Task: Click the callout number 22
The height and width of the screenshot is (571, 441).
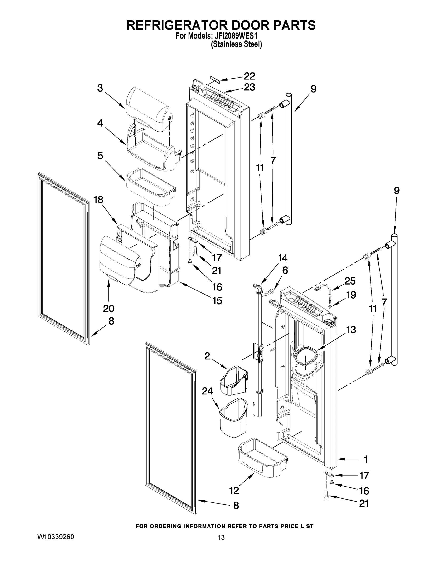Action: pos(249,76)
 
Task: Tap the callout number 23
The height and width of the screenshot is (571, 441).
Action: pos(249,87)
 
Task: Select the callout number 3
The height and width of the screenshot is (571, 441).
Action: pos(100,88)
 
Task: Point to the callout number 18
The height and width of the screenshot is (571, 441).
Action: pos(98,200)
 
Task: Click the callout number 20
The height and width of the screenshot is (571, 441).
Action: pos(109,309)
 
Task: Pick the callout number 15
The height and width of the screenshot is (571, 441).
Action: pos(217,301)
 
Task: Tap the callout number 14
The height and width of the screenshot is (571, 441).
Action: pos(282,258)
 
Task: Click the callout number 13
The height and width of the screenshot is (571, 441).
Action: pos(351,330)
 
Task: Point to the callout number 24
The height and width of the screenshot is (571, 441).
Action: pos(207,391)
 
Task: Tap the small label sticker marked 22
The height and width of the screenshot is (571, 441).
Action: pos(215,80)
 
